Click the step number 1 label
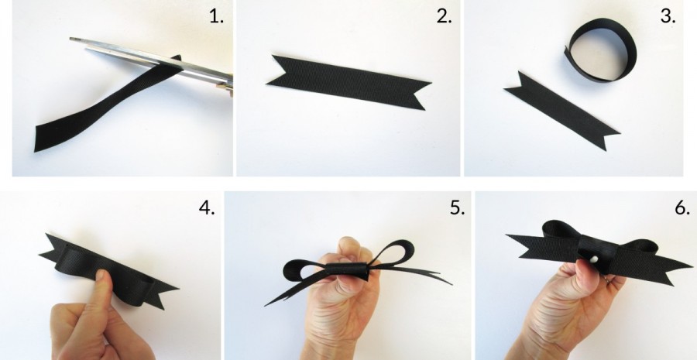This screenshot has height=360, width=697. tap(217, 17)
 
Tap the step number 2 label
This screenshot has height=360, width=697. tap(444, 16)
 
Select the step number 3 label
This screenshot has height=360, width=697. tap(668, 16)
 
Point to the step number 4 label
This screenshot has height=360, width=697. tap(207, 207)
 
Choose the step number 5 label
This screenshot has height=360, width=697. tap(458, 207)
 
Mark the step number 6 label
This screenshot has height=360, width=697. tap(682, 207)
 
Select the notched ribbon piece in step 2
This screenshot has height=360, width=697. tap(348, 83)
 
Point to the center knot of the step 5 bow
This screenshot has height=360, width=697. tap(348, 269)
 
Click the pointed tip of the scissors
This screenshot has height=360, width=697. tap(71, 39)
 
